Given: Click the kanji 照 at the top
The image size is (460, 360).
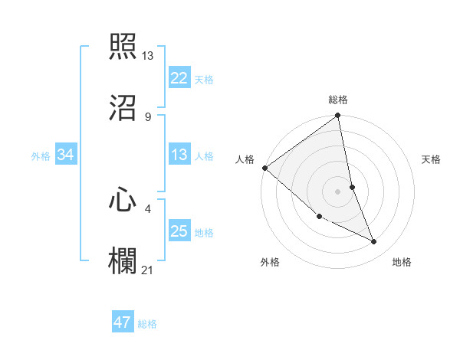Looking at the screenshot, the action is pyautogui.click(x=123, y=47).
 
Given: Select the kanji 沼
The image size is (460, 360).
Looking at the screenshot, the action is pyautogui.click(x=123, y=107).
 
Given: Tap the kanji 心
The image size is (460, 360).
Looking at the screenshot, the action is pyautogui.click(x=123, y=201).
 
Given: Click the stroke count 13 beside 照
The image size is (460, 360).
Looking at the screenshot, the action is pyautogui.click(x=148, y=56).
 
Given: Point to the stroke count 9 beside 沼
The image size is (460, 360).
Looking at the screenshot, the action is pyautogui.click(x=148, y=116).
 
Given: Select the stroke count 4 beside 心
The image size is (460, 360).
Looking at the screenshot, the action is pyautogui.click(x=148, y=208).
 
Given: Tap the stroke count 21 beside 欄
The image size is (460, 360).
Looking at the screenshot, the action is pyautogui.click(x=148, y=269).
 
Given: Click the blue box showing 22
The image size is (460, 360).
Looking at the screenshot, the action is pyautogui.click(x=179, y=78).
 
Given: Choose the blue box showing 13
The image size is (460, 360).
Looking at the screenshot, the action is pyautogui.click(x=179, y=155).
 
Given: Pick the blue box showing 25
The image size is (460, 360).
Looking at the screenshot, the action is pyautogui.click(x=179, y=231).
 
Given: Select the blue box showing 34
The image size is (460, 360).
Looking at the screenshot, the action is pyautogui.click(x=66, y=155).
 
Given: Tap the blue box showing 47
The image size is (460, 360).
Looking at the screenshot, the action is pyautogui.click(x=123, y=322).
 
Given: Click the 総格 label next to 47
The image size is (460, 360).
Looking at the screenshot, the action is pyautogui.click(x=147, y=324).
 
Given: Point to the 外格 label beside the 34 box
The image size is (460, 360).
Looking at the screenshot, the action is pyautogui.click(x=41, y=156).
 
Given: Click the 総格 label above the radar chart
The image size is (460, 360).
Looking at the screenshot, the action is pyautogui.click(x=338, y=100).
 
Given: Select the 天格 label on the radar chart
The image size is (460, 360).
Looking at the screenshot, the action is pyautogui.click(x=432, y=159).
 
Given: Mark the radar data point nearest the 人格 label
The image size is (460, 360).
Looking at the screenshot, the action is pyautogui.click(x=264, y=168).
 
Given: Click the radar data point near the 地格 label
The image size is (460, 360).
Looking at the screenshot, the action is pyautogui.click(x=374, y=242).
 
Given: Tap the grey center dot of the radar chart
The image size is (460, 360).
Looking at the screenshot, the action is pyautogui.click(x=338, y=191).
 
